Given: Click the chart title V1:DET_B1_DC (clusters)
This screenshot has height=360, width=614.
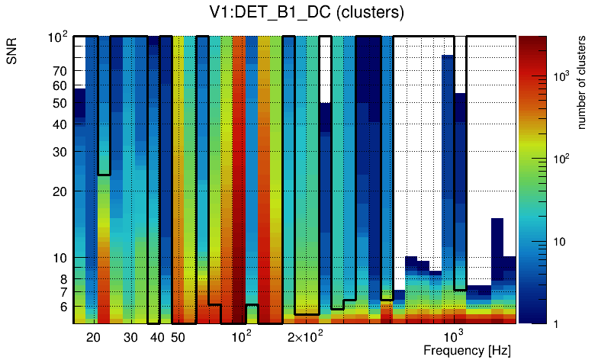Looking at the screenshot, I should pyautogui.click(x=307, y=13).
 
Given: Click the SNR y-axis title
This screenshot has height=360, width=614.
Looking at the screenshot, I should pyautogui.click(x=14, y=53).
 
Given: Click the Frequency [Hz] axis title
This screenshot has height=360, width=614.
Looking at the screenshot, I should pyautogui.click(x=467, y=350).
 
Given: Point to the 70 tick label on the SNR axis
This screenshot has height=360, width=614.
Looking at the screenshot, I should pyautogui.click(x=59, y=71).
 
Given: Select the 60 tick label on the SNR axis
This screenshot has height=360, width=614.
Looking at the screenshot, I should pyautogui.click(x=59, y=85).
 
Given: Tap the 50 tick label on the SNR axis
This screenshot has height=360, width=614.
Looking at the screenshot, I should pyautogui.click(x=59, y=103).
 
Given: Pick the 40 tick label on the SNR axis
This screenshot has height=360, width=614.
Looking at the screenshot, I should pyautogui.click(x=59, y=124).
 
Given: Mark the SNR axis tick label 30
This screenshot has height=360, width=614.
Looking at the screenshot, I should pyautogui.click(x=59, y=152).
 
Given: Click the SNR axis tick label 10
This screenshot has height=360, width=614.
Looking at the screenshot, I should pyautogui.click(x=59, y=258).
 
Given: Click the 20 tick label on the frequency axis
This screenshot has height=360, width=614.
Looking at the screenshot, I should pyautogui.click(x=93, y=337).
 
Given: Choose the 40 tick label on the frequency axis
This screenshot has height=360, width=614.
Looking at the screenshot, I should pyautogui.click(x=156, y=337).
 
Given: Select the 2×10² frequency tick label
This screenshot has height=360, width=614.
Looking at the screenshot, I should pyautogui.click(x=305, y=336).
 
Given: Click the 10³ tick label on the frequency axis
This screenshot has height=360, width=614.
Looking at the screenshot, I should pyautogui.click(x=455, y=336).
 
